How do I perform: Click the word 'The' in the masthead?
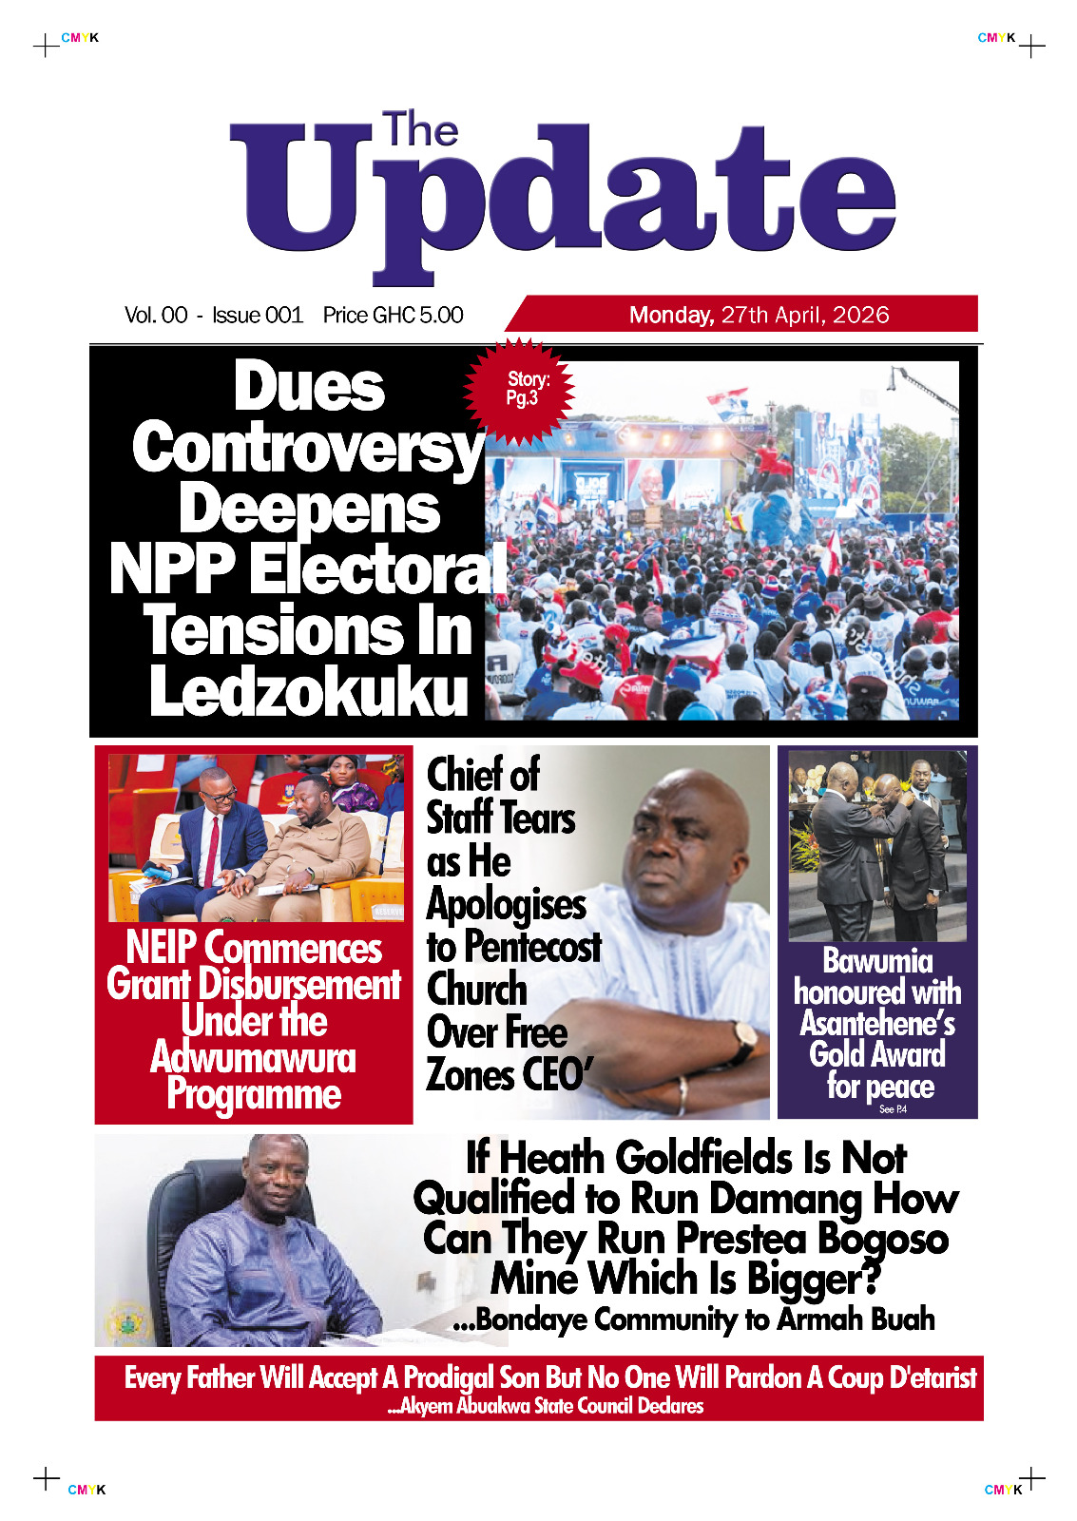(420, 130)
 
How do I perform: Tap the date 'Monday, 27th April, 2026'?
(759, 315)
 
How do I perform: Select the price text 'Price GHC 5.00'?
(393, 315)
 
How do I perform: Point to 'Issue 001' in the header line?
(257, 315)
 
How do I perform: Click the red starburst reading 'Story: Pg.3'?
(522, 390)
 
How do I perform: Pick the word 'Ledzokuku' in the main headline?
(309, 691)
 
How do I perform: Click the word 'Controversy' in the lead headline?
(308, 448)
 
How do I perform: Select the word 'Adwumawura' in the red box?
(253, 1057)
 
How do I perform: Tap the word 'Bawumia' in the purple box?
(876, 961)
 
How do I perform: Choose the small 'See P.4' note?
(893, 1109)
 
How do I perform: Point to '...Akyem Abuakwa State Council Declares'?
(546, 1406)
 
